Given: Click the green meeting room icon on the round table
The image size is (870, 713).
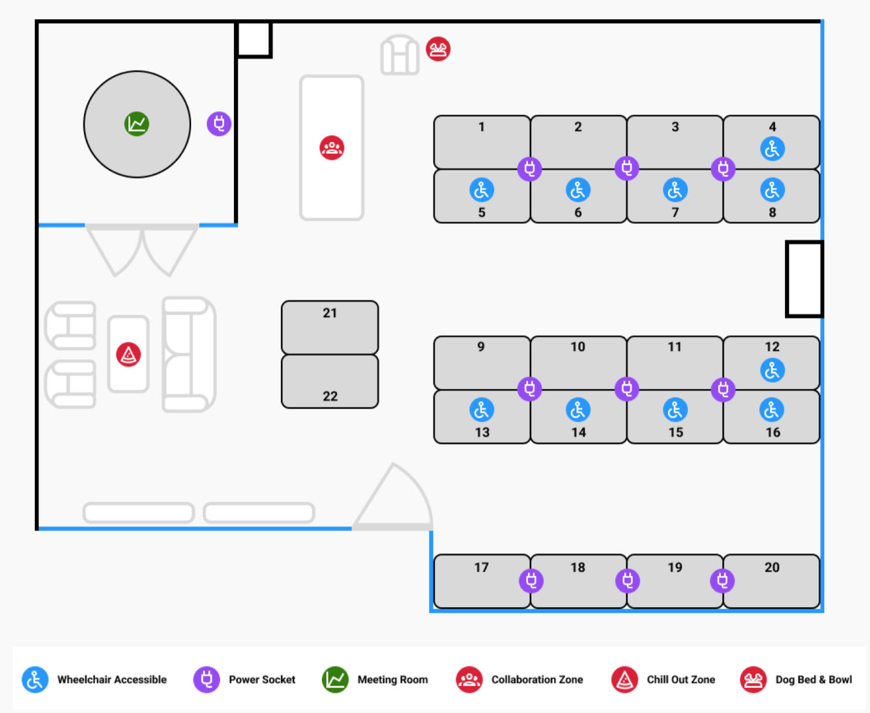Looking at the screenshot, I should (137, 124).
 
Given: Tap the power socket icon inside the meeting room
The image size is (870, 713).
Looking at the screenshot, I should (219, 123).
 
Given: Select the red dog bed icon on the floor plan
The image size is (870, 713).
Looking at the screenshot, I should (438, 49).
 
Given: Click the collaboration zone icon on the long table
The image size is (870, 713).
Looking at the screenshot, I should (332, 148).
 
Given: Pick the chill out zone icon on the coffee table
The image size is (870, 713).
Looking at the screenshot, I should (129, 354).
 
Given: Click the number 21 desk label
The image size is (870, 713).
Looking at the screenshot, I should (330, 313).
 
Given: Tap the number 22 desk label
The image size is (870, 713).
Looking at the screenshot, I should (330, 396).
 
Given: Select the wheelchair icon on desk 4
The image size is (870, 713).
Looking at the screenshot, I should (772, 149).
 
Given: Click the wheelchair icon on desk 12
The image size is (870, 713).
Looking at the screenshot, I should (772, 370).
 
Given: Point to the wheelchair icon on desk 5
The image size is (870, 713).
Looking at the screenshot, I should (482, 190).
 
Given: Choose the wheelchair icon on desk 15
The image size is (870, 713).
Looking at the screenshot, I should (675, 410).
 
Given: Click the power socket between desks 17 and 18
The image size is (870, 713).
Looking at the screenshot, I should (531, 580).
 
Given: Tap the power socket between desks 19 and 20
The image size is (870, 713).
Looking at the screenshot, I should (722, 580).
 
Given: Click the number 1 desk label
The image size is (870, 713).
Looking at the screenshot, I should (482, 127).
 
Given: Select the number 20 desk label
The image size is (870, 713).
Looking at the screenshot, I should (772, 568).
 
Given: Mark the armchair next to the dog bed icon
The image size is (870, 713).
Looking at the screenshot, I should (399, 56).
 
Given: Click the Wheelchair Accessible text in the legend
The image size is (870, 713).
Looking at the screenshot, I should (112, 680).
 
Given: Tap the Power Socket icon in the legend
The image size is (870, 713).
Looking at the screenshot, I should (206, 679).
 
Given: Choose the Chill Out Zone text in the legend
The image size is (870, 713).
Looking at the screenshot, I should (681, 680).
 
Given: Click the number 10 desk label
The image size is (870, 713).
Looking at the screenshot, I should (578, 347).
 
